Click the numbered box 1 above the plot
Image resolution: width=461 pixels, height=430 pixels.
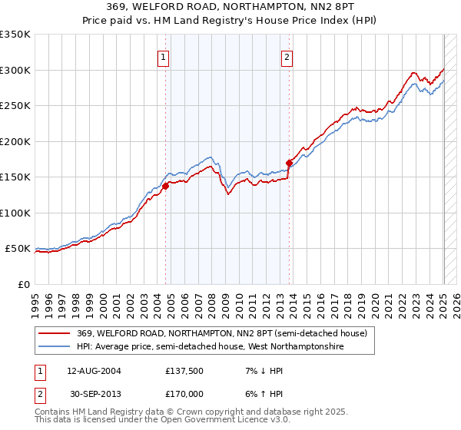pyautogui.click(x=164, y=56)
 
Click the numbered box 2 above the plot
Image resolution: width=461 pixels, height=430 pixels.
pyautogui.click(x=287, y=56)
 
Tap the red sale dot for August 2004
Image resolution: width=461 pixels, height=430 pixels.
pyautogui.click(x=165, y=186)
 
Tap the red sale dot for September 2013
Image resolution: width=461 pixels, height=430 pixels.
pyautogui.click(x=289, y=163)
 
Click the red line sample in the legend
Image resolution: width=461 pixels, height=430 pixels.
pyautogui.click(x=55, y=333)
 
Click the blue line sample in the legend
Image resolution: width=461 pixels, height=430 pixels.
pyautogui.click(x=55, y=347)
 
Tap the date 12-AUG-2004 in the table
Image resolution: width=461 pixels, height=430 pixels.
pyautogui.click(x=92, y=371)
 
